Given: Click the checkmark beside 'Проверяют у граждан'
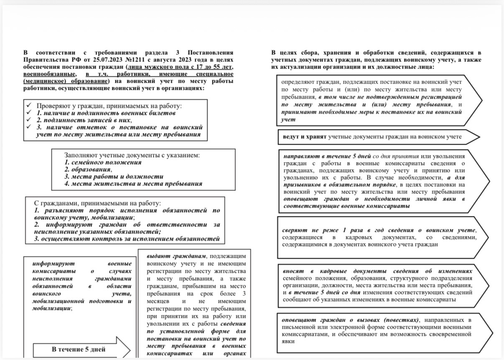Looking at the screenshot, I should pos(28,106).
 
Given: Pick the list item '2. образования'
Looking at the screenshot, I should pos(88,169).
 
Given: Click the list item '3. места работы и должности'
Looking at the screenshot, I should pos(114,176).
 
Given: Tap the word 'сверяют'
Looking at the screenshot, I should pos(295,230).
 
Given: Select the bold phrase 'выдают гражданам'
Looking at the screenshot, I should pos(176,256).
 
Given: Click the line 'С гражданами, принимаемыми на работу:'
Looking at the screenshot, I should pos(97,203).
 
